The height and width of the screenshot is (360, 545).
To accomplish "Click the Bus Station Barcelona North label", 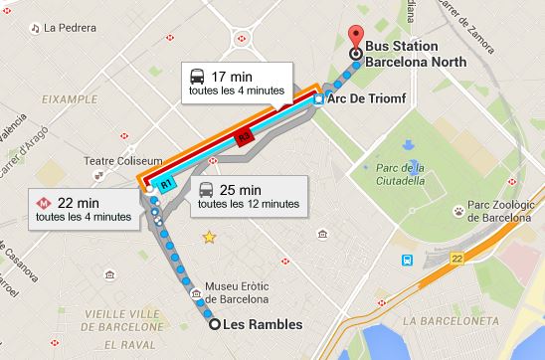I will (416, 53).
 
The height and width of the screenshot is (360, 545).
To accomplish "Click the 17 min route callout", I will (237, 82).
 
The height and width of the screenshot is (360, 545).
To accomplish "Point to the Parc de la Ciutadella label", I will (401, 175).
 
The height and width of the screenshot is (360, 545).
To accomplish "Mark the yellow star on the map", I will (209, 238).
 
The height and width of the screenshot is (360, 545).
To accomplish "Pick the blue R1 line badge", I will (167, 184).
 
